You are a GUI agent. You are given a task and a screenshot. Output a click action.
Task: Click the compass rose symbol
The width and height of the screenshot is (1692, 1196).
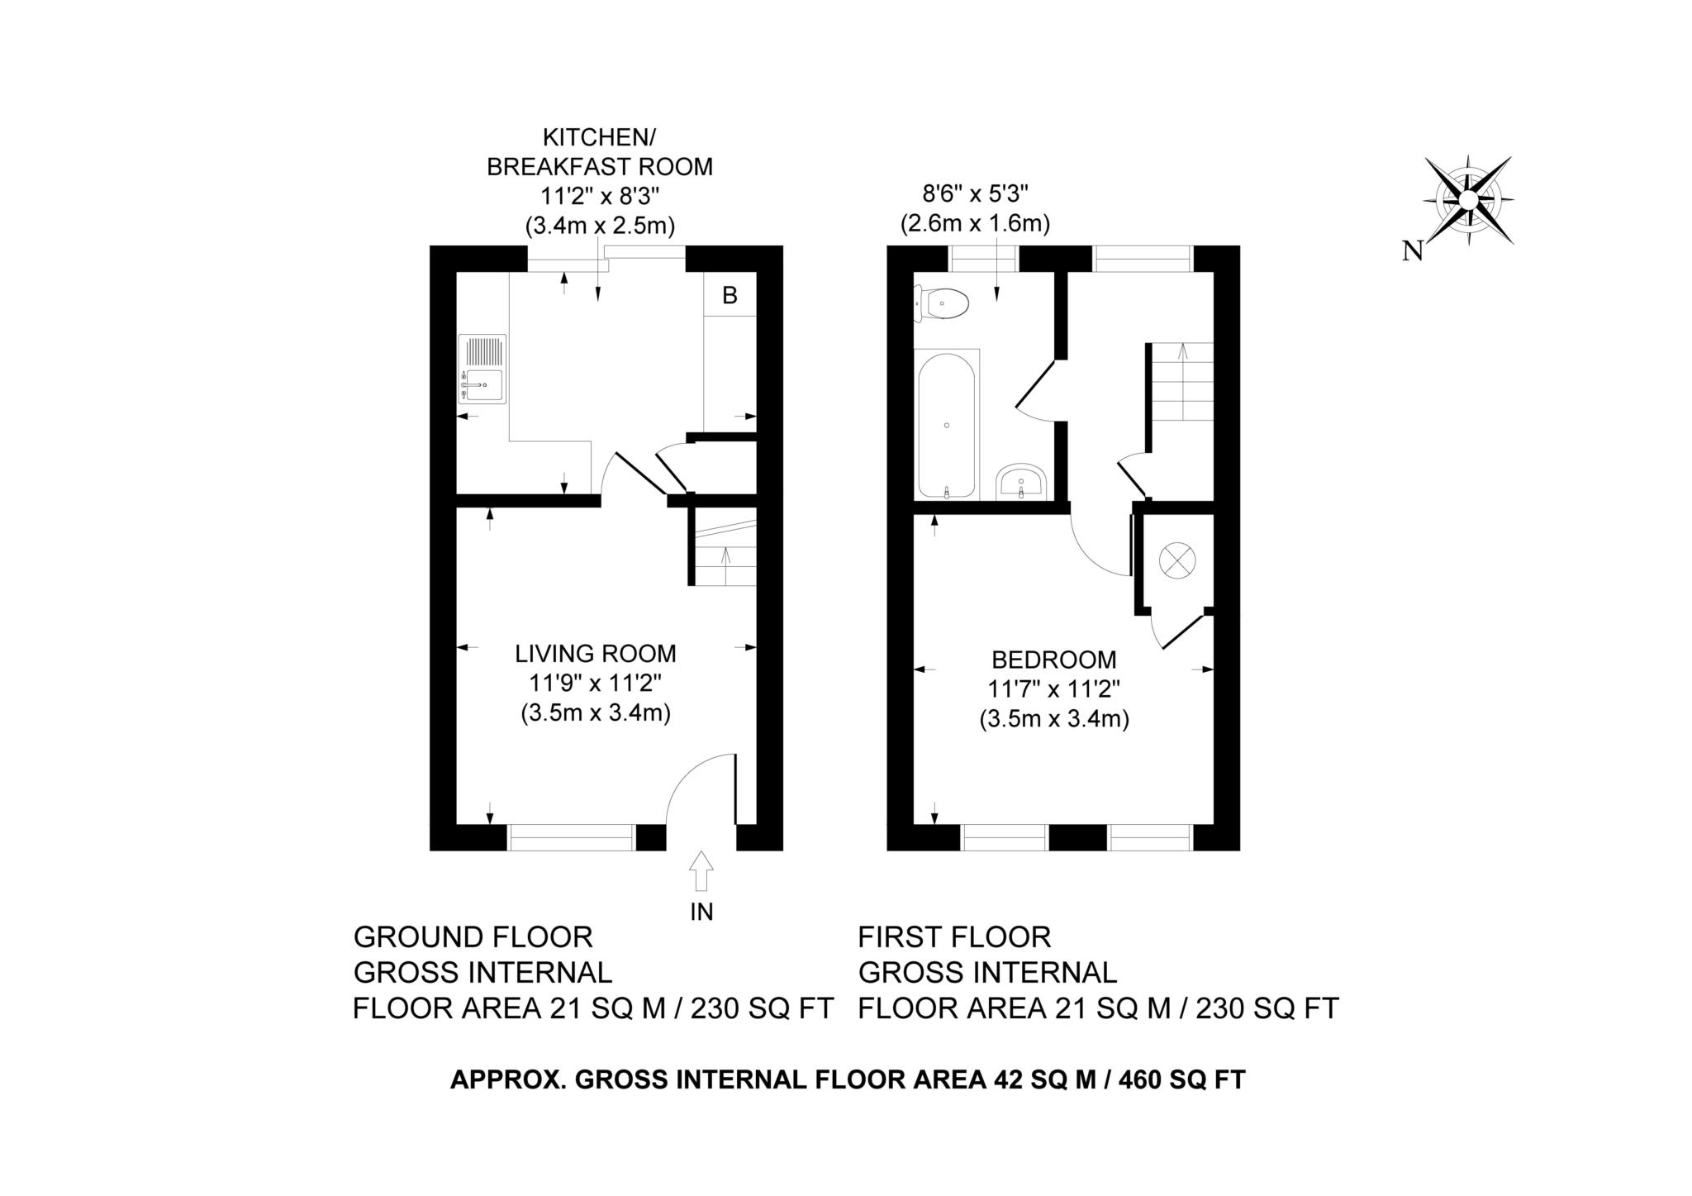coord(1468,200)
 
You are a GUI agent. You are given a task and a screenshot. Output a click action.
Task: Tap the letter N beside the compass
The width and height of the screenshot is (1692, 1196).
coord(1413,251)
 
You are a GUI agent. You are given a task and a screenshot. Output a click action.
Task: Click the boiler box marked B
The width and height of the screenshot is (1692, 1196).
coord(730,294)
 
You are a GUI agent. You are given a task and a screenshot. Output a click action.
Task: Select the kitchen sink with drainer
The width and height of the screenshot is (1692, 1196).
coord(482,369)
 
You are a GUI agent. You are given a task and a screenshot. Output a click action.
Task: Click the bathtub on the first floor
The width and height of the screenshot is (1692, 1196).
coord(947,425)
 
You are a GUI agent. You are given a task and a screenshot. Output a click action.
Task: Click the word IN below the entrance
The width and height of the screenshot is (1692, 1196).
coord(701,912)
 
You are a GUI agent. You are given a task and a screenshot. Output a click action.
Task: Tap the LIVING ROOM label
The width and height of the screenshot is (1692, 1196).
coord(596,654)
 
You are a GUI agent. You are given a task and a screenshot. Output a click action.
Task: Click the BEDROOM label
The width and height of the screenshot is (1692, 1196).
coord(1054,660)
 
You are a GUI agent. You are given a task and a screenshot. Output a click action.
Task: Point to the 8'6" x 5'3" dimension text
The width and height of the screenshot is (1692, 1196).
coord(975,194)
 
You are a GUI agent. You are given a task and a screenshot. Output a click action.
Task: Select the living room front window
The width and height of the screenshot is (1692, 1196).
coord(571,837)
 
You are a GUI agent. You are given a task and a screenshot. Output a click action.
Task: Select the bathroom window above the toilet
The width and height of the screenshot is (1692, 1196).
coord(984,259)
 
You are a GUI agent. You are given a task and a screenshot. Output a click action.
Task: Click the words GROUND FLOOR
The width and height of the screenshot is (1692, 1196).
coord(473,937)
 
